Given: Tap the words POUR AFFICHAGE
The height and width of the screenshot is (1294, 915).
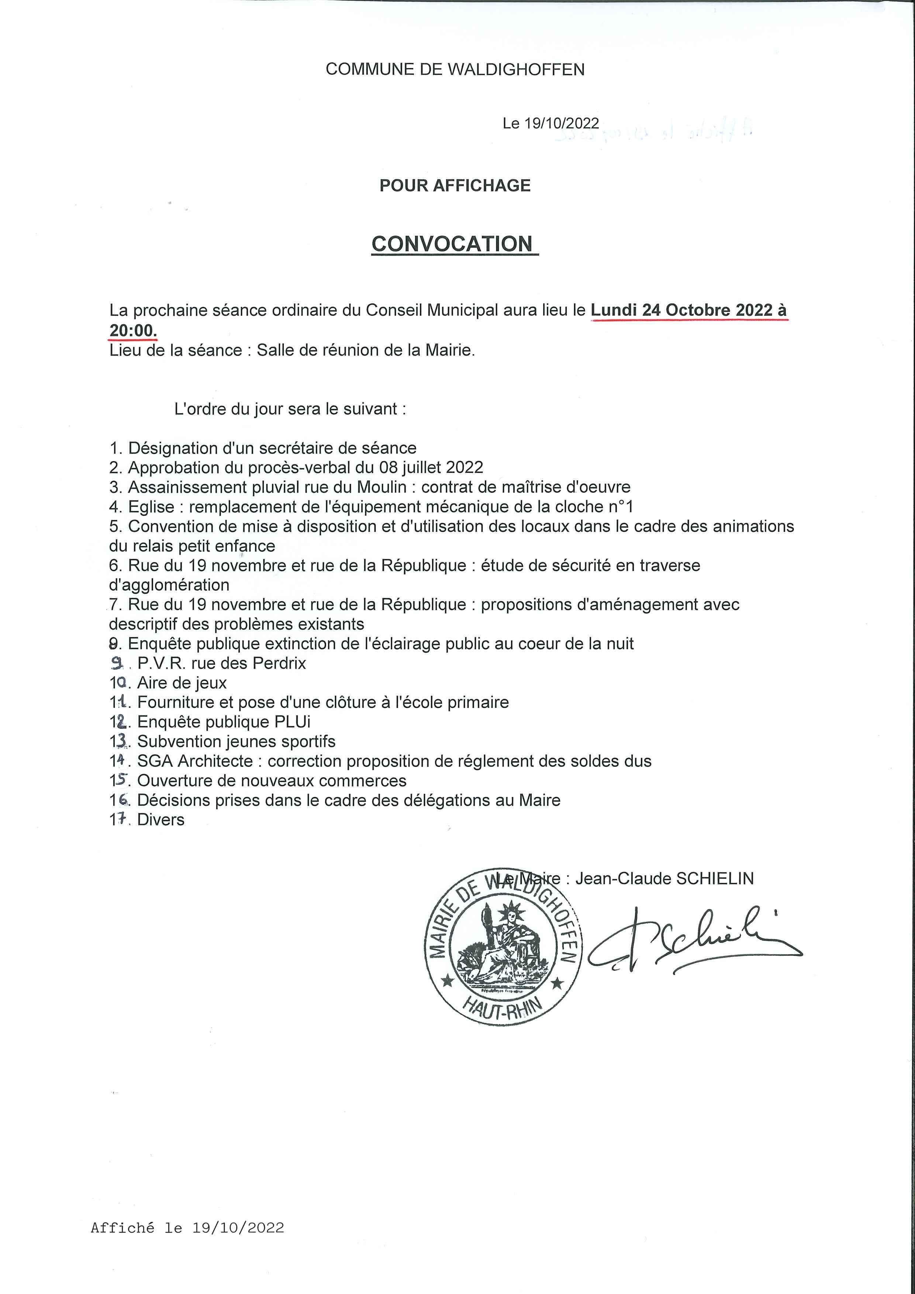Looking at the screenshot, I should [x=455, y=186].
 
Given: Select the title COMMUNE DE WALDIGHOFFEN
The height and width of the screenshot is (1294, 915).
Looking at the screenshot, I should [x=455, y=69].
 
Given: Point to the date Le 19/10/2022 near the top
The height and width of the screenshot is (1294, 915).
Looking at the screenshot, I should [x=551, y=124].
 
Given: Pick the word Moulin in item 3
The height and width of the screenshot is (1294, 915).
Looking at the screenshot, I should [x=384, y=487].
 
